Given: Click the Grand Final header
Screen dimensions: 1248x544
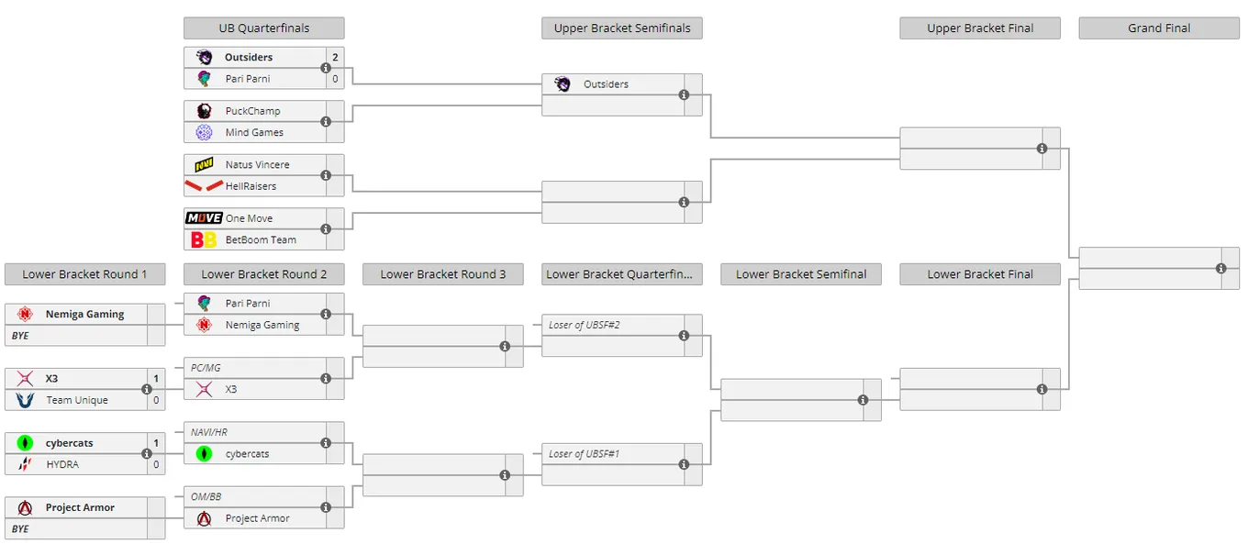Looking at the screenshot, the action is click(1159, 28).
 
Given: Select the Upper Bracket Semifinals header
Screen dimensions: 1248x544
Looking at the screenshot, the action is click(622, 28).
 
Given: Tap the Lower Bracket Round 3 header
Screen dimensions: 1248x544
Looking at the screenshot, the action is click(443, 274).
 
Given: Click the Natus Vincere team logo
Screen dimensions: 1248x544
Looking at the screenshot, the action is click(204, 165).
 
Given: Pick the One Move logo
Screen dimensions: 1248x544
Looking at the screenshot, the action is click(204, 218).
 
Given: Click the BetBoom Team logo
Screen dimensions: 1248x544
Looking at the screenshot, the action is click(204, 240).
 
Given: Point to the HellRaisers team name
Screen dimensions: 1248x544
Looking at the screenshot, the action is click(251, 186).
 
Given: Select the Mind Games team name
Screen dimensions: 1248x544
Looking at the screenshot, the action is click(254, 132).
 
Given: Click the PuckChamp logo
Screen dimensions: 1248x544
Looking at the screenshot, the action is click(204, 111).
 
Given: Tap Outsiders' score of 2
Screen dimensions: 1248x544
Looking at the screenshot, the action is click(335, 58).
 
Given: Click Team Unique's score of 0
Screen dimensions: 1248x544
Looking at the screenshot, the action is click(156, 400).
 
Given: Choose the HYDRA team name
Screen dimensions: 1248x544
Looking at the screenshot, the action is click(62, 465).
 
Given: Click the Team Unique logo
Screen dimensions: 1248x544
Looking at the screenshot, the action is click(25, 400).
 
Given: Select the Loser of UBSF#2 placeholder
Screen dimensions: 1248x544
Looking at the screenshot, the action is click(584, 325).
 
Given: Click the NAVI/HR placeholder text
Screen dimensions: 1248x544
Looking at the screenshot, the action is click(209, 433).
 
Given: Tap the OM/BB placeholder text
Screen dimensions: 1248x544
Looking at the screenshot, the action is click(206, 496).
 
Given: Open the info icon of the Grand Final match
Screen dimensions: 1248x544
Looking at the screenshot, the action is click(1220, 269).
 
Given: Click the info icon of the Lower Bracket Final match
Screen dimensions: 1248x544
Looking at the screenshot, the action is click(1042, 389).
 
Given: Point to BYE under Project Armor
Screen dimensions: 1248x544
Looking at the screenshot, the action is click(20, 529).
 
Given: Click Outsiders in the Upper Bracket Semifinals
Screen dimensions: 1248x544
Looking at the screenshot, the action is click(606, 84).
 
